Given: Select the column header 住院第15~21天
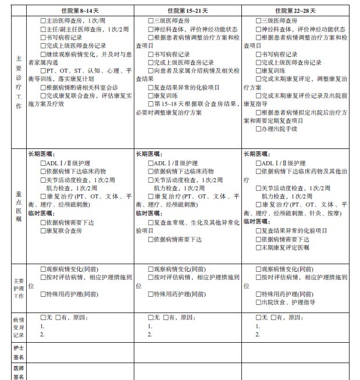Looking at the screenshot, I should point(188,10).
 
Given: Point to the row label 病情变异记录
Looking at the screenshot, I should point(19,327).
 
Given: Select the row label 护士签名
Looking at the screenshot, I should point(19,351).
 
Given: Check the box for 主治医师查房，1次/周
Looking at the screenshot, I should point(44,22).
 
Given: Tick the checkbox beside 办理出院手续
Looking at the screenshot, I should point(259,129).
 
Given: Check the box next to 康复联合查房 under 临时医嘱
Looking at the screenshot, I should point(44,230).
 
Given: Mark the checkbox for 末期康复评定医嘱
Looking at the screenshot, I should point(259,247).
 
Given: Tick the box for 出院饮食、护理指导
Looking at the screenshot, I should point(259,302).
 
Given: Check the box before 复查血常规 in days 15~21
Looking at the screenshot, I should point(151,222).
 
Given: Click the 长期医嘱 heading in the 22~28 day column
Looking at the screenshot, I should point(255,154).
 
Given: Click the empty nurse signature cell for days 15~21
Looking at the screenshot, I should point(187,352).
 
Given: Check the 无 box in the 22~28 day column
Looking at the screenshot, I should point(259,317).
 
